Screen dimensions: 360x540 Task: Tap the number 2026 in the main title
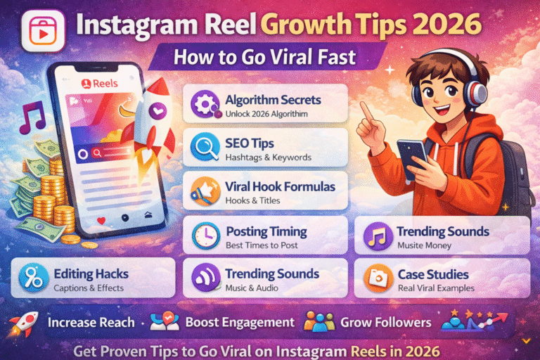tap(445, 26)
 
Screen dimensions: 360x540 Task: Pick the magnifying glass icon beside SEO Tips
tap(204, 148)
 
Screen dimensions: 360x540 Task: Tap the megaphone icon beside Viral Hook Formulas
tap(204, 191)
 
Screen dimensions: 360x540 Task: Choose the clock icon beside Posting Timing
tap(204, 235)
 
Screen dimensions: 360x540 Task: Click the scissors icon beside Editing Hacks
tap(33, 276)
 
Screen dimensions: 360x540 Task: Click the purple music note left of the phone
tap(32, 118)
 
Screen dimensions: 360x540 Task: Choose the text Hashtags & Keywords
tap(269, 157)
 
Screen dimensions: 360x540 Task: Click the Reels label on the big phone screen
tap(103, 84)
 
